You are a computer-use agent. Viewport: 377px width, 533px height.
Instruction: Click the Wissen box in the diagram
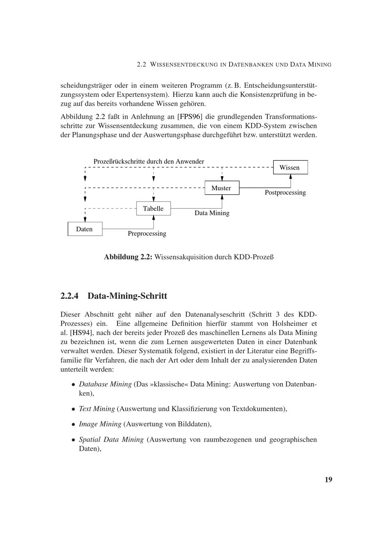[290, 168]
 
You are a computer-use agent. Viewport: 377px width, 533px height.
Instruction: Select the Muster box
[222, 188]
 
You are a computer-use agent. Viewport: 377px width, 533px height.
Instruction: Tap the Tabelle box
[153, 209]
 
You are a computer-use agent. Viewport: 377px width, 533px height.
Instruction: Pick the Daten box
[85, 229]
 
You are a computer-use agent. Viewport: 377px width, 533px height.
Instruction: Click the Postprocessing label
[285, 193]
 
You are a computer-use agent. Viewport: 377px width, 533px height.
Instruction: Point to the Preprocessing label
[147, 234]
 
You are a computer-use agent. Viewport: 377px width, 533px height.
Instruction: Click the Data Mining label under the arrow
[212, 213]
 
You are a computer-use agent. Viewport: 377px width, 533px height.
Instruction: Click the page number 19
[328, 480]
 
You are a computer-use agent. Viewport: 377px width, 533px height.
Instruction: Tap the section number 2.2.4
[69, 296]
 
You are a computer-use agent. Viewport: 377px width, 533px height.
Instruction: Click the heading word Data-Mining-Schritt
[127, 296]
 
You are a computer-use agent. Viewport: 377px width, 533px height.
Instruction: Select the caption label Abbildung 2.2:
[128, 257]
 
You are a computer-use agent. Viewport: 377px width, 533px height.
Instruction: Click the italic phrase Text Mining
[97, 409]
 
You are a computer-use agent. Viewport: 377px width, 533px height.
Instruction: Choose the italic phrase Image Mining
[100, 424]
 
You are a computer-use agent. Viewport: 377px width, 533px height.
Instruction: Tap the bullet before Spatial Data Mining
[74, 440]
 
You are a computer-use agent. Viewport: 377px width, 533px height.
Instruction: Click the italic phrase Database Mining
[105, 384]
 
